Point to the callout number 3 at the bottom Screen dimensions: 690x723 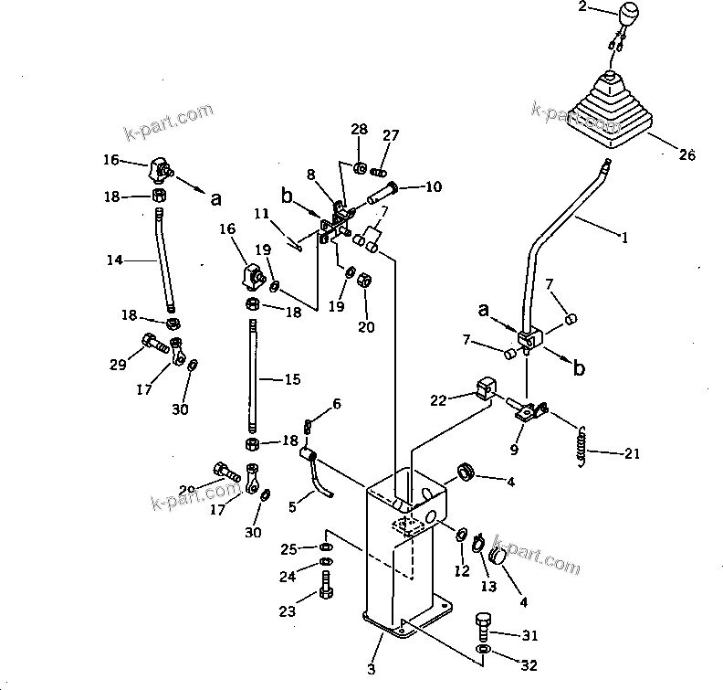click(x=371, y=670)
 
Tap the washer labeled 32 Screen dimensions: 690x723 click(x=482, y=653)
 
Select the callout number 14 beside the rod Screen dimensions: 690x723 click(x=114, y=260)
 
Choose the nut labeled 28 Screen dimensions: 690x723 click(x=361, y=168)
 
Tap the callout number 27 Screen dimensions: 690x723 click(x=390, y=135)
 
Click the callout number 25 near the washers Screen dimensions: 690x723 click(x=288, y=548)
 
